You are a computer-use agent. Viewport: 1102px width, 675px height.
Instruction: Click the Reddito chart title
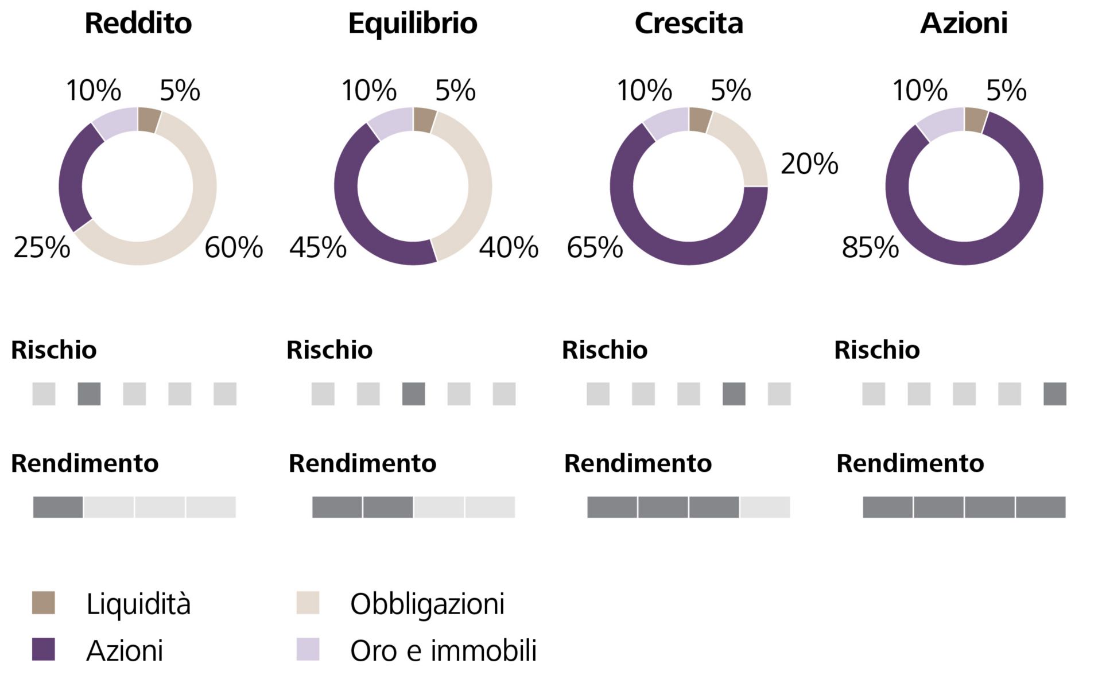coord(138,24)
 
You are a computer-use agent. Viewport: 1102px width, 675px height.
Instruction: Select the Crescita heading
coord(688,24)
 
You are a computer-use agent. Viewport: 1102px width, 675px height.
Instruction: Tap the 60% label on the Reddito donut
coord(234,247)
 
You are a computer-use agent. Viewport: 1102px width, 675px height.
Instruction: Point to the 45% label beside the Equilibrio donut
coord(318,247)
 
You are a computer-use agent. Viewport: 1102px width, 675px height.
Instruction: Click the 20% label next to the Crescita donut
coord(809,164)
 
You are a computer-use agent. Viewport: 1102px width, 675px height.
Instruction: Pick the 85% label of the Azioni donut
coord(870,247)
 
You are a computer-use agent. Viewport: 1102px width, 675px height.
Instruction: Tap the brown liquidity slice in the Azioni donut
coord(975,120)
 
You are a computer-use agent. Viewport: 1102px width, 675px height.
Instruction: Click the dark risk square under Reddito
coord(89,394)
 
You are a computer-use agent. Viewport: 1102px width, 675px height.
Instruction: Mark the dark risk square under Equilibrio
coord(413,394)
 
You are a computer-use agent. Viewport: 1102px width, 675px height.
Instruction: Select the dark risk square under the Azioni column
coord(1054,394)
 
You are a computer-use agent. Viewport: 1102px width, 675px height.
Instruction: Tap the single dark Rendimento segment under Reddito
coord(58,507)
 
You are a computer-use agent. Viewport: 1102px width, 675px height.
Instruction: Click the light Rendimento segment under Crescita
coord(765,507)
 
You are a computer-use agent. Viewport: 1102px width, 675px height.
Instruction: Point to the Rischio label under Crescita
coord(604,350)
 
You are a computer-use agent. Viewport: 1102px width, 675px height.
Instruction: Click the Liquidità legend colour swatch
coord(44,603)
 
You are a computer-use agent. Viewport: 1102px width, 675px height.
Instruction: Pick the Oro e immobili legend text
coord(443,650)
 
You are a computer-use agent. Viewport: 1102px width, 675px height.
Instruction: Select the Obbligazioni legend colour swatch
coord(308,603)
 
